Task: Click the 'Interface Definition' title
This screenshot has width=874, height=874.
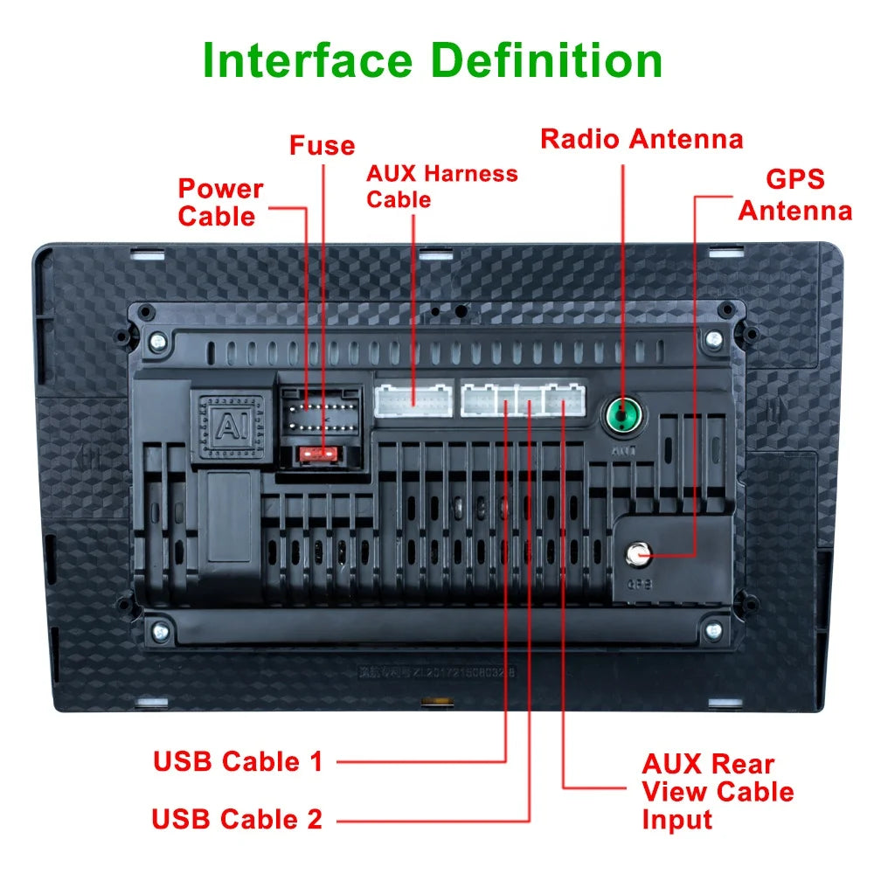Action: [x=433, y=61]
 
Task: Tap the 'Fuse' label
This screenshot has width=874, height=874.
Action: [x=322, y=145]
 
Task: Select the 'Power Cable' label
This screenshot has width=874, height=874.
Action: [x=220, y=202]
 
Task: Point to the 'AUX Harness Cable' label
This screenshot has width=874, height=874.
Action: [x=441, y=186]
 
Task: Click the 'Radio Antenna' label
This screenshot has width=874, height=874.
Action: [x=642, y=139]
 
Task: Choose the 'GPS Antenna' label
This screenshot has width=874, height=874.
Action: [x=794, y=195]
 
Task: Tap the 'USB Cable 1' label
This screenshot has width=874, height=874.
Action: [x=238, y=761]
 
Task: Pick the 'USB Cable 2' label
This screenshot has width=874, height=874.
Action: [x=237, y=819]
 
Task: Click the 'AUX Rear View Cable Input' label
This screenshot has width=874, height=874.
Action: [x=717, y=791]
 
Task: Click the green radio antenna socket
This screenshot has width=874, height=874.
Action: [x=622, y=413]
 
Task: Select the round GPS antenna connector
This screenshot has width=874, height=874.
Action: [x=635, y=553]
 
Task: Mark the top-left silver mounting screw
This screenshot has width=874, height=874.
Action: [x=157, y=340]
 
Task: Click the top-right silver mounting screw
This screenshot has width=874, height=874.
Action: [x=714, y=338]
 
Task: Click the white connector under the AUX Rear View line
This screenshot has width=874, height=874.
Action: [x=565, y=400]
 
